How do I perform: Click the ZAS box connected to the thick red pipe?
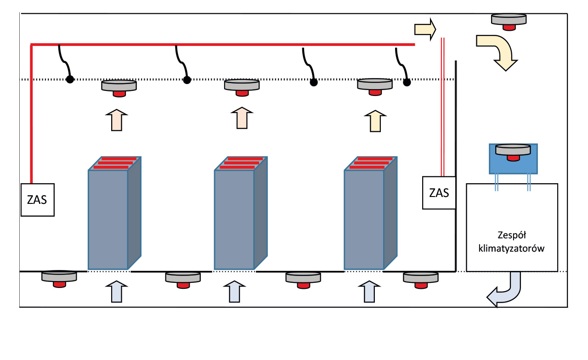tap(38, 200)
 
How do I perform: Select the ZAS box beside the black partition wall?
tap(439, 193)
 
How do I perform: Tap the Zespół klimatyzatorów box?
tap(512, 227)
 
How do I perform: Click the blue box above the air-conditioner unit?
tap(513, 159)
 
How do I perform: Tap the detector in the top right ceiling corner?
tap(509, 21)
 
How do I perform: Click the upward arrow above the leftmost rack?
tap(117, 120)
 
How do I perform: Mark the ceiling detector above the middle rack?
tap(242, 87)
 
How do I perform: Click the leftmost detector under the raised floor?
tap(59, 278)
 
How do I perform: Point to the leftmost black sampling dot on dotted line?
tap(69, 79)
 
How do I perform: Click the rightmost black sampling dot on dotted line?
tap(407, 82)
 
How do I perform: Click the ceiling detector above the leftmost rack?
tap(119, 87)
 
